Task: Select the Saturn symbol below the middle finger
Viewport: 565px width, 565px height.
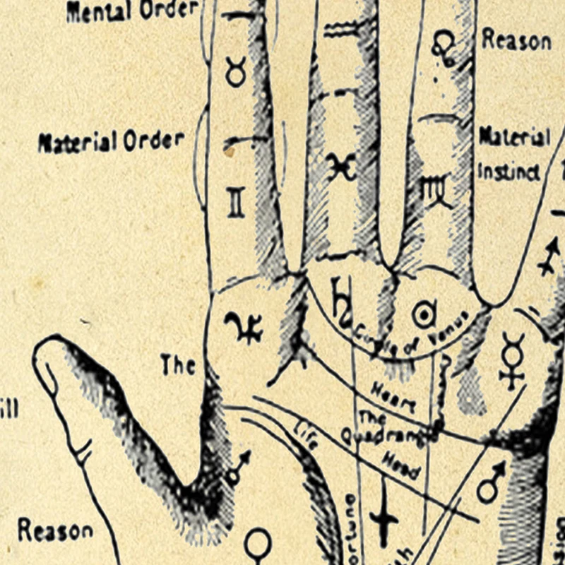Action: click(342, 300)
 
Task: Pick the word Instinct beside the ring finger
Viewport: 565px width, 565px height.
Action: click(509, 172)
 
